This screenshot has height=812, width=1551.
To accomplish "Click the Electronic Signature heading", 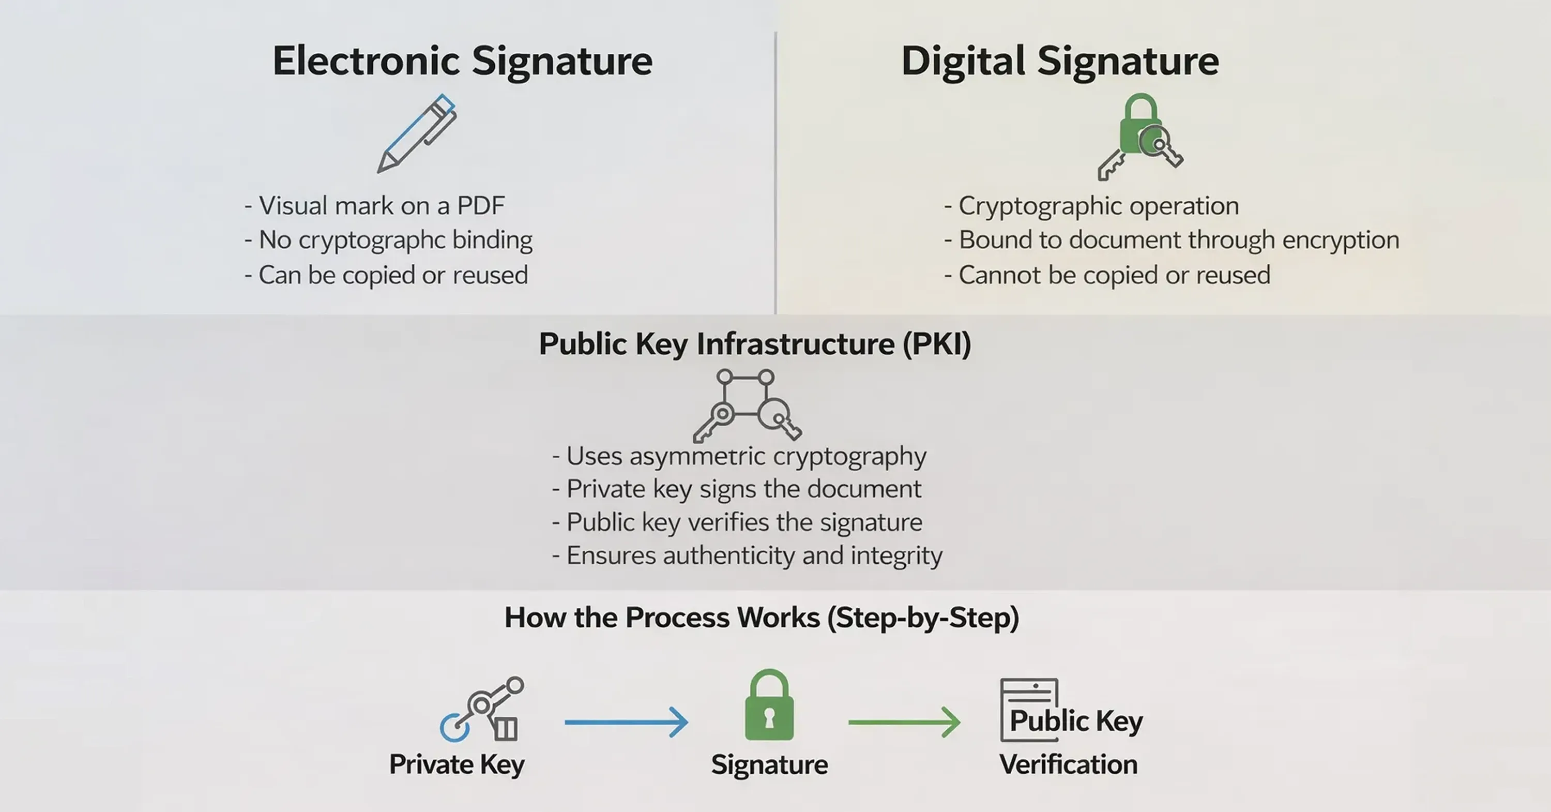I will (x=462, y=61).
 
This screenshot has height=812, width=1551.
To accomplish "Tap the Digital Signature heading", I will (x=1060, y=61).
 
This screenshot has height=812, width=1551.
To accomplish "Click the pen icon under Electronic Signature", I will (x=417, y=134).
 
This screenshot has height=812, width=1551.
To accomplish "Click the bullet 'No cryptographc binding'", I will (x=388, y=240).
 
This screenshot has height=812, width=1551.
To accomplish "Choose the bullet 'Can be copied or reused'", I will (x=386, y=275).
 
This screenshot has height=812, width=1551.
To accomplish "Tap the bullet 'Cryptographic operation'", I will (x=1091, y=206).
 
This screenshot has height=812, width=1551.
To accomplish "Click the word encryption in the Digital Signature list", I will (x=1340, y=240).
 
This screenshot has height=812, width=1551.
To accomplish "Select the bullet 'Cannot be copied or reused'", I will (x=1107, y=275).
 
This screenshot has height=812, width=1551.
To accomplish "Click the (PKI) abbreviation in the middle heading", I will (x=937, y=344).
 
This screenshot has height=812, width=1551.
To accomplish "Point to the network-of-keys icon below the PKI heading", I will (x=747, y=405).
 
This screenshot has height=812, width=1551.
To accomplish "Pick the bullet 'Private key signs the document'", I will (x=736, y=489).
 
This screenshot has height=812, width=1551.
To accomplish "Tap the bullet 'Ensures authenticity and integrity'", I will (x=747, y=555).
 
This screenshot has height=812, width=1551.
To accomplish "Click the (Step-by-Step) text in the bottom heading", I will (x=923, y=618).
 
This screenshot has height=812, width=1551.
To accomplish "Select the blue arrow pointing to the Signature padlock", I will (x=626, y=722).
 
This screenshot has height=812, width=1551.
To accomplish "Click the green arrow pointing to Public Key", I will (x=904, y=722).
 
